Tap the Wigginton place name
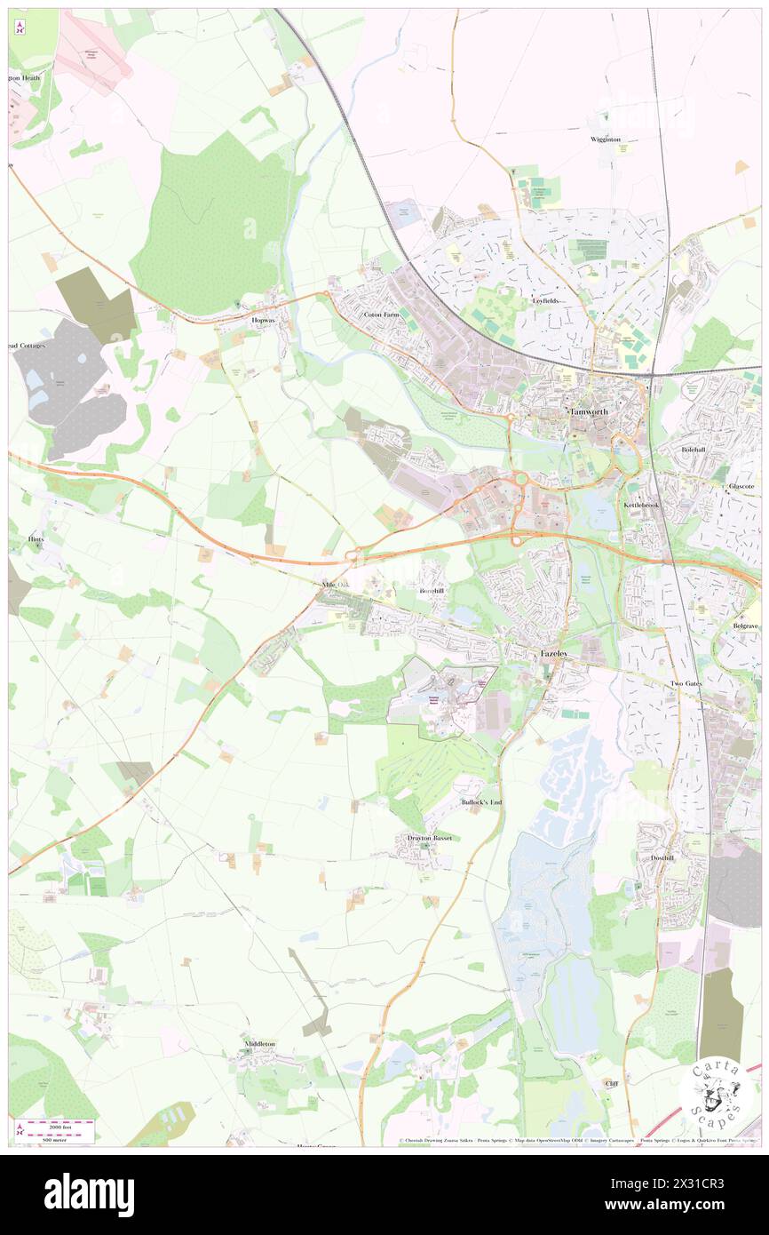click(x=606, y=139)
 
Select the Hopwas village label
click(x=265, y=319)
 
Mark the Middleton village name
click(x=259, y=1044)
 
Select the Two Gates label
click(x=686, y=683)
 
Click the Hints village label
click(x=36, y=538)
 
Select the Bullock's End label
click(x=481, y=802)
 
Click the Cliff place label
click(x=611, y=1084)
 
